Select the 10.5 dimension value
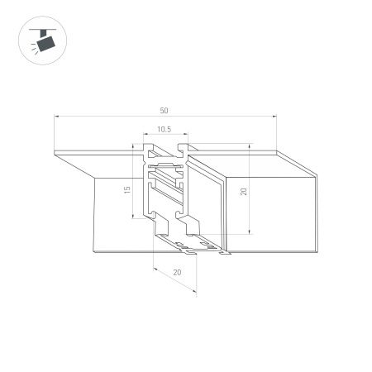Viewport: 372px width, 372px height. point(164,129)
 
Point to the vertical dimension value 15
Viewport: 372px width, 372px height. point(126,190)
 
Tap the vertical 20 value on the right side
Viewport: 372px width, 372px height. point(243,191)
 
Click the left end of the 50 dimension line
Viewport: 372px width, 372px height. point(55,117)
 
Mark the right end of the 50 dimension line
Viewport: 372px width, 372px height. point(275,117)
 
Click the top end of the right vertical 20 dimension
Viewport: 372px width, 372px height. point(249,145)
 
